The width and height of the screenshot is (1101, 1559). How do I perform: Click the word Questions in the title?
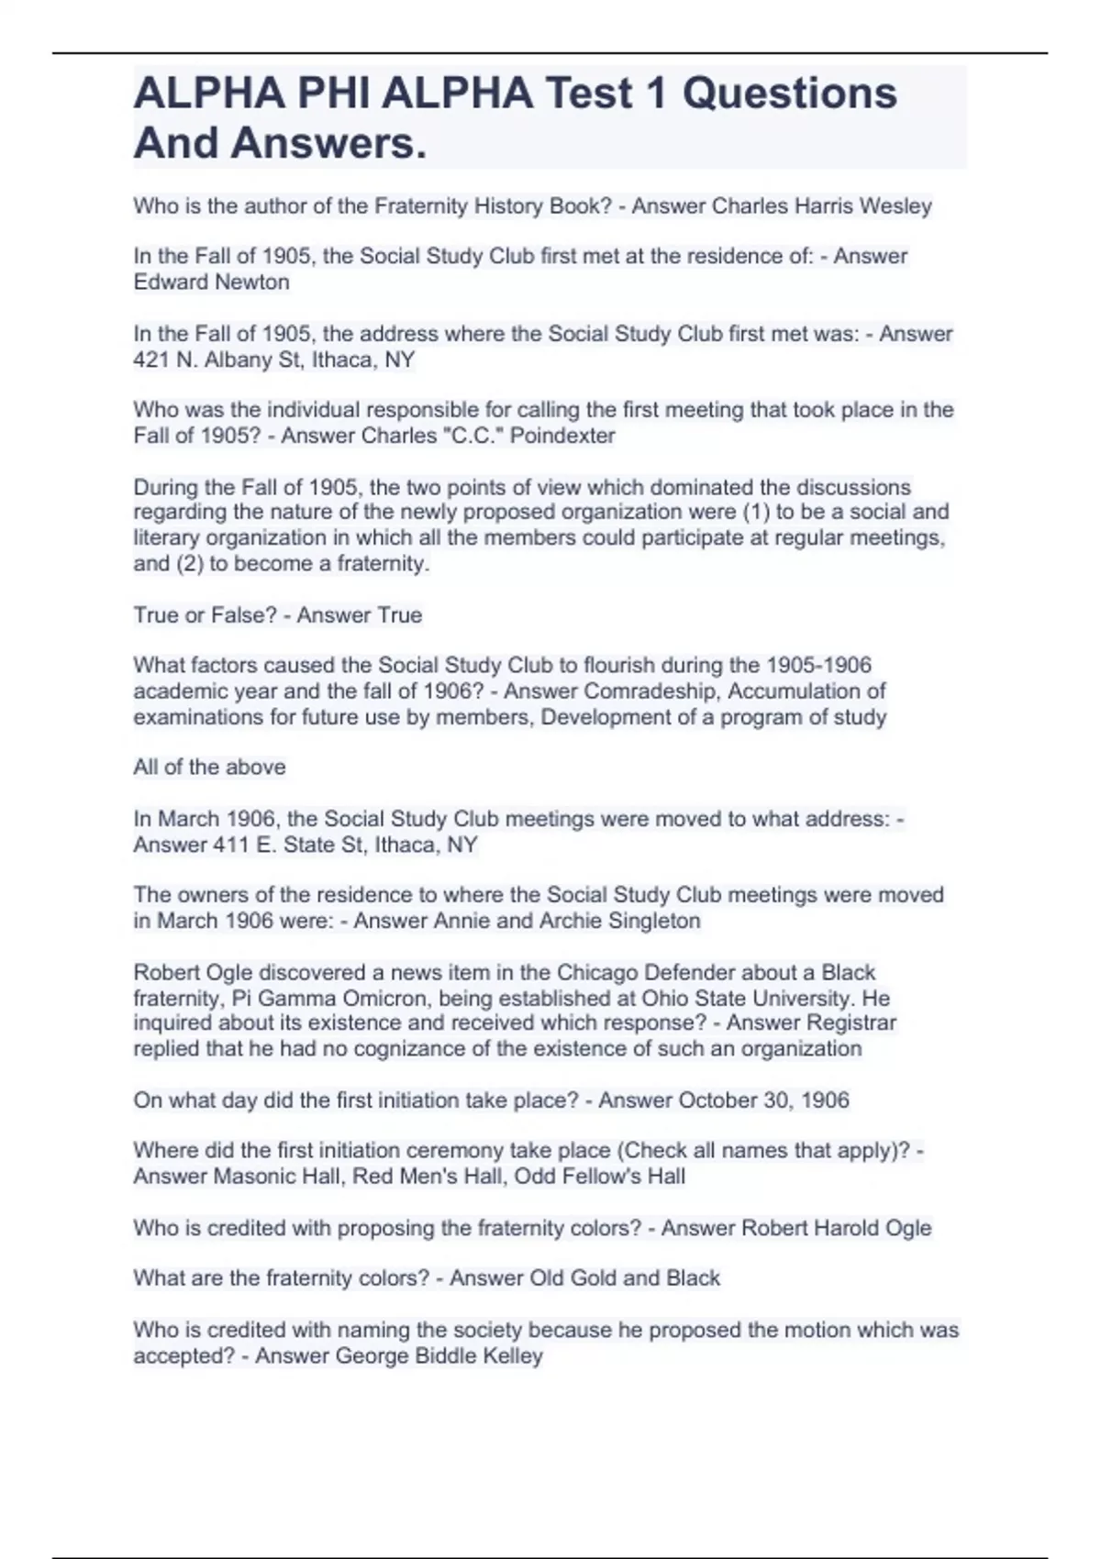[x=789, y=94]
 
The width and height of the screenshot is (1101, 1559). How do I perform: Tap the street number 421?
[x=150, y=359]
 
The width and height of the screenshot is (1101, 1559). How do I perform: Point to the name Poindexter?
[x=562, y=436]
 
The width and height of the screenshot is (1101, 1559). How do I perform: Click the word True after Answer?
[x=398, y=614]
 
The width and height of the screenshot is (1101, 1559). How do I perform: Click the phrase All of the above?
[x=209, y=767]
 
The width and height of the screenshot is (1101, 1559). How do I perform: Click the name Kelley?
[x=511, y=1355]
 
